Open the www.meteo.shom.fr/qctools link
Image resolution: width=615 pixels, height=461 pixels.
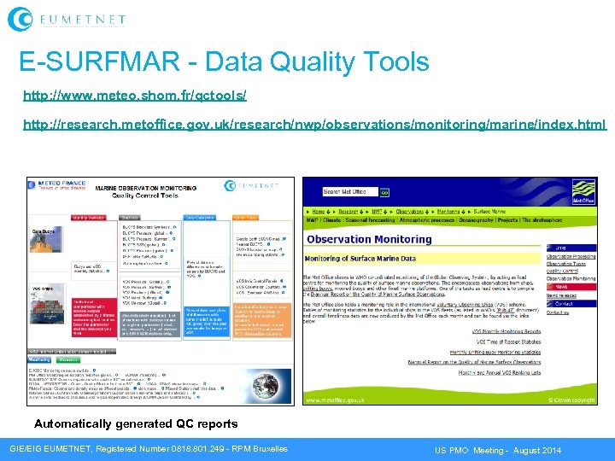coord(135,95)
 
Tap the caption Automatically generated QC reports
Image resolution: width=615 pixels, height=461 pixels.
coord(136,424)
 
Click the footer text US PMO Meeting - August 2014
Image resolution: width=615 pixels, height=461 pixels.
coord(498,449)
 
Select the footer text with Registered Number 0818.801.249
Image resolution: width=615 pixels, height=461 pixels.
coord(149,449)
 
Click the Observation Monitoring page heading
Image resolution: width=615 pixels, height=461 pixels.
coord(369,240)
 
